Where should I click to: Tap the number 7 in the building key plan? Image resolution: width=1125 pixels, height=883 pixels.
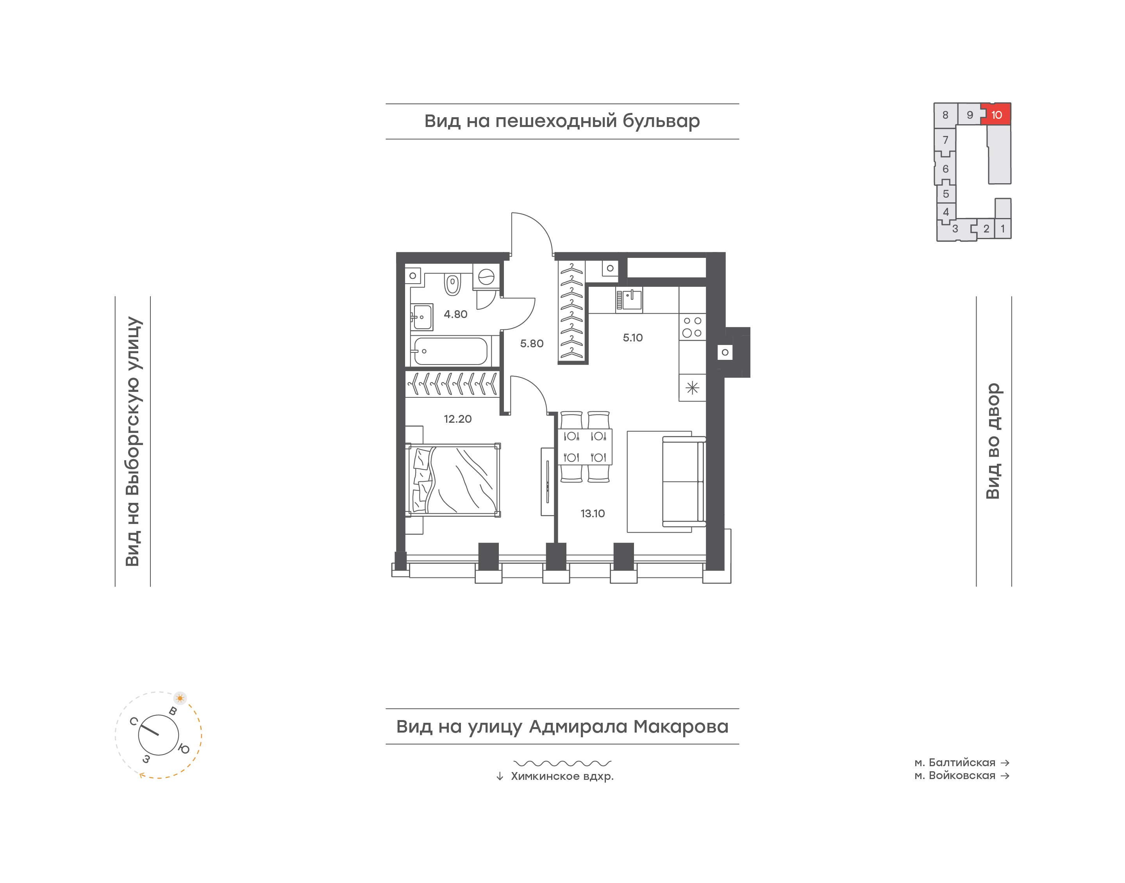point(945,140)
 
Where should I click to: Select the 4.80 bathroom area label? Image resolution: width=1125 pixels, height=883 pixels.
point(455,314)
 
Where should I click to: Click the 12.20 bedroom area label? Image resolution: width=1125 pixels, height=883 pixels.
point(457,419)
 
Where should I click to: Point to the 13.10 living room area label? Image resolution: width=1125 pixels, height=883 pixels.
point(592,513)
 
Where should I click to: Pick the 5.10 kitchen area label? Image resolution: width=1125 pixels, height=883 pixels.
point(632,338)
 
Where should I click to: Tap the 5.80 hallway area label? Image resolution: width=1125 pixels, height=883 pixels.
point(532,343)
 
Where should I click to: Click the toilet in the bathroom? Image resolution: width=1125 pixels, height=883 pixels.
point(453,284)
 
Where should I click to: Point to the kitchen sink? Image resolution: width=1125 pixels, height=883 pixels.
point(629,300)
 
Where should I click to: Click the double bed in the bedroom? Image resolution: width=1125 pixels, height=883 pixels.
point(453,480)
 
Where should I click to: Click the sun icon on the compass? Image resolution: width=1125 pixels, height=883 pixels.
point(180,698)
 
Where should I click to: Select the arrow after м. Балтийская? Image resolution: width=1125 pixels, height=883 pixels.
point(1005,763)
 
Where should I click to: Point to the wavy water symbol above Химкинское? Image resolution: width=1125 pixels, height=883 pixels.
point(562,763)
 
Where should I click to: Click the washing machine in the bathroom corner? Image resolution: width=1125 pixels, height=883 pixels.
point(486,277)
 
